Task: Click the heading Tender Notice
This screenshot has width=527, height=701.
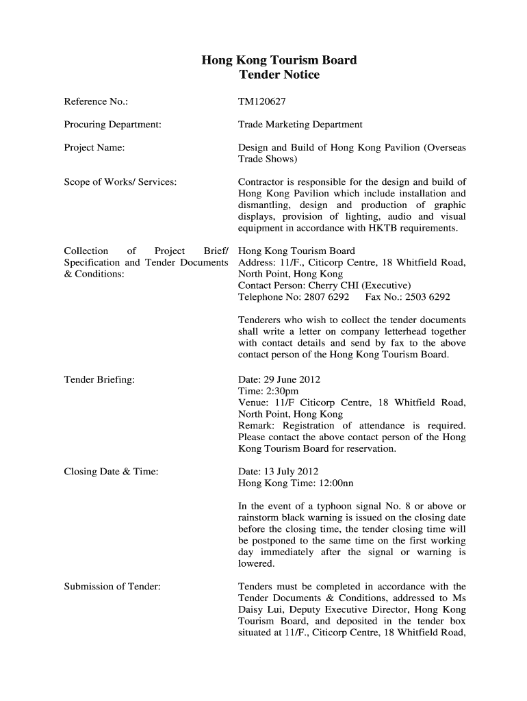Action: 279,75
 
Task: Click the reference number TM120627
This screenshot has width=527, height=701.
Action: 261,102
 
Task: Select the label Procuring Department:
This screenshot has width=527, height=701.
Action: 113,125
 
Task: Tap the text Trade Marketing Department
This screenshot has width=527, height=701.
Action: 300,125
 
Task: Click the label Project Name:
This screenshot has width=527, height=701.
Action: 94,147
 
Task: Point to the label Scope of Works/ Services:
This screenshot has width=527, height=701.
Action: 120,182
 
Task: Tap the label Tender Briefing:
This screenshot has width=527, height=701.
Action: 99,379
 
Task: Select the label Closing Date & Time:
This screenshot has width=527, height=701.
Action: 112,472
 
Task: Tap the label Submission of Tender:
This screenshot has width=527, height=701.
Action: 112,587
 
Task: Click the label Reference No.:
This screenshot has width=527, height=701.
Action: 97,102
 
